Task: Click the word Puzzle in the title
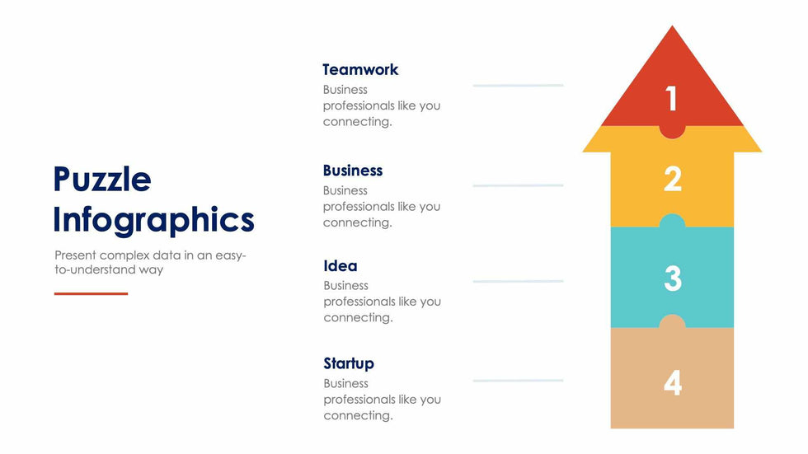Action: coord(102,179)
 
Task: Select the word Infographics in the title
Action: coord(153,220)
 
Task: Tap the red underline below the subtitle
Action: coord(91,293)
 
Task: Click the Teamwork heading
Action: coord(360,69)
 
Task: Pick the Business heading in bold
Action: coord(353,171)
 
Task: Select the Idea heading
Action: coord(340,265)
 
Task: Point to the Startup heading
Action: coord(348,363)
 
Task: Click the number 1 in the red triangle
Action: coord(671,98)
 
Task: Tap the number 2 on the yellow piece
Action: coord(673,179)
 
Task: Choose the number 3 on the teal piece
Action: coord(673,278)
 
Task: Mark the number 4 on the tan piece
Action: coord(673,383)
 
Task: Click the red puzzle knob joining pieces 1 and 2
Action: coord(672,131)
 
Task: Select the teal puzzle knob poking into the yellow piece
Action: coord(672,222)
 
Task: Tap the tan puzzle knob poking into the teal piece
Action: coord(672,321)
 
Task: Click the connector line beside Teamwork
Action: coord(518,86)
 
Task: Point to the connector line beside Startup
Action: coord(518,381)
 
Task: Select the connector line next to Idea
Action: coord(518,282)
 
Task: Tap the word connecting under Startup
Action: coord(358,416)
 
